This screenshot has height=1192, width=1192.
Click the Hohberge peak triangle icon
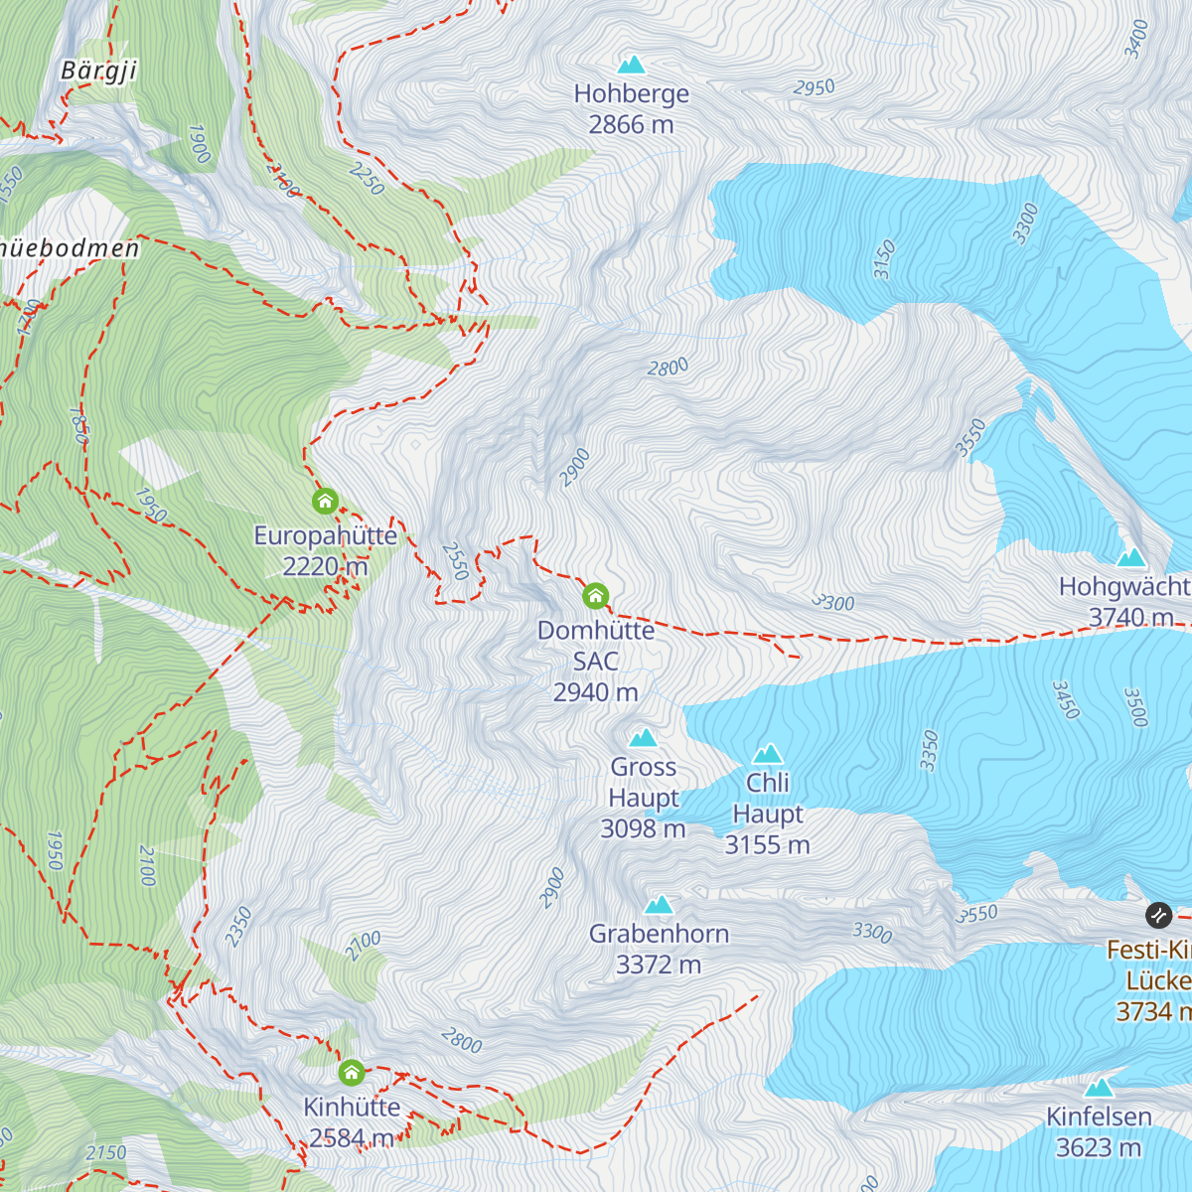tap(632, 66)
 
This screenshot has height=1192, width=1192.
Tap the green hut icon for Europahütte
tap(325, 502)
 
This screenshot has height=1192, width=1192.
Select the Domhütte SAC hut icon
tap(595, 596)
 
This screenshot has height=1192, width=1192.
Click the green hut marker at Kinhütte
tap(351, 1073)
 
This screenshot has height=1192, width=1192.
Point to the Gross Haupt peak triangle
tap(644, 738)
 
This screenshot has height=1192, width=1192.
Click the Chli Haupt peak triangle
tap(768, 754)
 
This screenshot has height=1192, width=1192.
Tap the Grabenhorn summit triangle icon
tap(659, 905)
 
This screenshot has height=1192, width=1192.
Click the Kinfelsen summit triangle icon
tap(1099, 1088)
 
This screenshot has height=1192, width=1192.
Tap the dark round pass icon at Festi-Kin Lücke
tap(1158, 915)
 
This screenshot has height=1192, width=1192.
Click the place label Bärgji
tap(98, 71)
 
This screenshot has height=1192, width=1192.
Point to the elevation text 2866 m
tap(631, 125)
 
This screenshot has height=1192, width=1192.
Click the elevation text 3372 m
tap(659, 965)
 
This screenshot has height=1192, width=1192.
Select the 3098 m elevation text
tap(643, 828)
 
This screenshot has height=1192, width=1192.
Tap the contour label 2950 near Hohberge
tap(814, 87)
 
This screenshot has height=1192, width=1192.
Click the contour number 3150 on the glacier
tap(884, 259)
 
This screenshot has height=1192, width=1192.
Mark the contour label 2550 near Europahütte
tap(455, 561)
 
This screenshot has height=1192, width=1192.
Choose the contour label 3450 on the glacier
tap(1065, 700)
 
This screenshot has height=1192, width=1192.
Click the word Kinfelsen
tap(1099, 1117)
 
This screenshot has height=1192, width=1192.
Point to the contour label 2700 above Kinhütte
tap(363, 945)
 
